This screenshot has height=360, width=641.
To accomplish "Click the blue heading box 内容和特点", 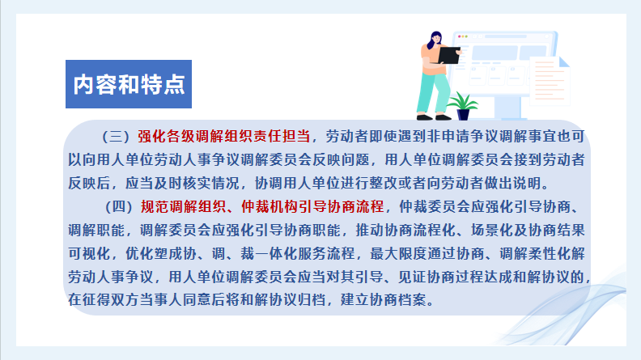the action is pyautogui.click(x=129, y=84).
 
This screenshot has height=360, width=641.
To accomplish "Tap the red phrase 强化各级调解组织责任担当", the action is pyautogui.click(x=224, y=137).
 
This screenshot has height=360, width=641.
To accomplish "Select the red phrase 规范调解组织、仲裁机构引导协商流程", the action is pyautogui.click(x=262, y=207).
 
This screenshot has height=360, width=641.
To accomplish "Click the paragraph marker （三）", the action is pyautogui.click(x=117, y=137).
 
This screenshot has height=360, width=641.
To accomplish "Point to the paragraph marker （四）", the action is pyautogui.click(x=119, y=207).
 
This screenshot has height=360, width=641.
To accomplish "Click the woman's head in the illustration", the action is pyautogui.click(x=435, y=39).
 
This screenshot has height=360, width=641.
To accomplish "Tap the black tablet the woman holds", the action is pyautogui.click(x=449, y=56).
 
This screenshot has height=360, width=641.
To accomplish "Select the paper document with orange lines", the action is pyautogui.click(x=550, y=81).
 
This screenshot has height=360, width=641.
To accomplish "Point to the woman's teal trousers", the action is pyautogui.click(x=432, y=94).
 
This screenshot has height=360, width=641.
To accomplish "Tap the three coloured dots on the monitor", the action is pyautogui.click(x=463, y=36).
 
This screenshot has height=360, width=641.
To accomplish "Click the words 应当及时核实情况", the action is pyautogui.click(x=182, y=184).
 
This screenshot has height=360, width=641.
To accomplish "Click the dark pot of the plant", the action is pyautogui.click(x=463, y=114).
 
